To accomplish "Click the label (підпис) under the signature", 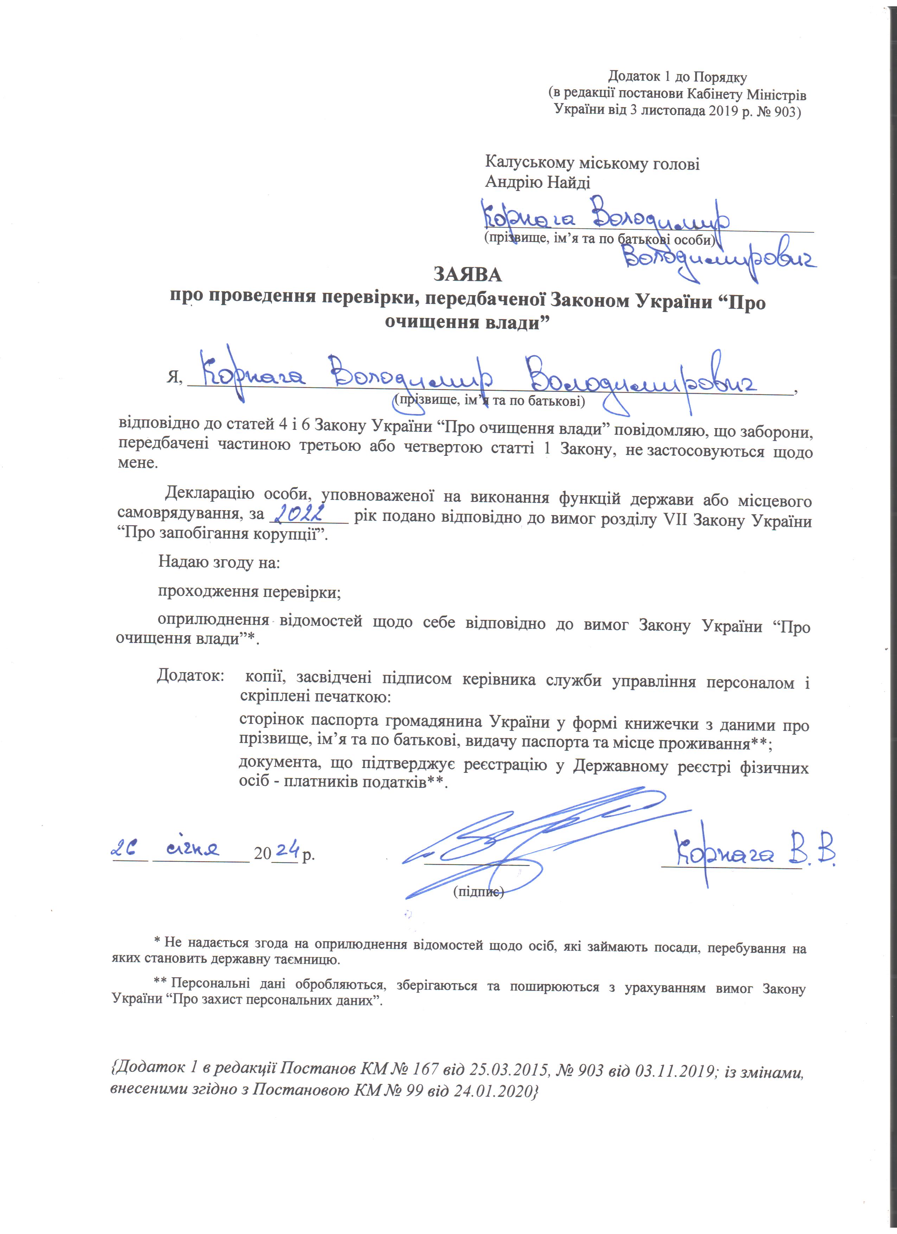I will (479, 892).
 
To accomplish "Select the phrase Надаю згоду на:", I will (219, 562).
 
